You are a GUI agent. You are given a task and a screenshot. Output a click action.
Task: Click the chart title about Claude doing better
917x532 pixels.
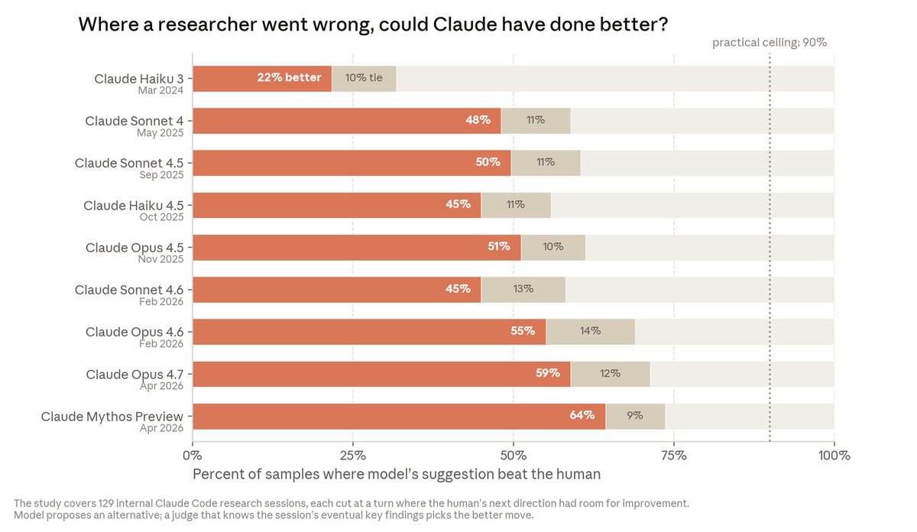tap(373, 24)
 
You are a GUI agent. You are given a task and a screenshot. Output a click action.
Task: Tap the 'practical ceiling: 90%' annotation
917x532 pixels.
tap(770, 43)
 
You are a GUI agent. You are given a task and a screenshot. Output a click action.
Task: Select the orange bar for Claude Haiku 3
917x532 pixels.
tap(262, 79)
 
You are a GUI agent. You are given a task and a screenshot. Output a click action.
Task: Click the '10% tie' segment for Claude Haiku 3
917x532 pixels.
tap(364, 79)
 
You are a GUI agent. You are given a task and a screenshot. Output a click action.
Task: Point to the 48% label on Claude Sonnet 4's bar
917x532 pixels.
tap(478, 120)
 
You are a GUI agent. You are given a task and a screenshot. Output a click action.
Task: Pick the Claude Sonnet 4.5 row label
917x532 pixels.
tap(129, 163)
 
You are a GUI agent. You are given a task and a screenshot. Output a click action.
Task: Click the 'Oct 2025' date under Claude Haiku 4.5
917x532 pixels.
tap(162, 217)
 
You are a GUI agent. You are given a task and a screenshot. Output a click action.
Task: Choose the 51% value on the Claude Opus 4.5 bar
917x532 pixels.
tap(498, 246)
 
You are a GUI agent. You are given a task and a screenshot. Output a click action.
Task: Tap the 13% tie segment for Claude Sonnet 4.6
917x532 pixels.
tap(523, 290)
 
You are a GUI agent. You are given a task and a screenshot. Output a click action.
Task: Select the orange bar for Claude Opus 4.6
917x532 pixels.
tap(369, 332)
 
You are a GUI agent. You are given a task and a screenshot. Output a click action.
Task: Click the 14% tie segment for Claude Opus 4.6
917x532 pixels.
tap(590, 332)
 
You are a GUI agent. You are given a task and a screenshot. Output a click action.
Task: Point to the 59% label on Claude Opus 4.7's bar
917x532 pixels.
tap(548, 373)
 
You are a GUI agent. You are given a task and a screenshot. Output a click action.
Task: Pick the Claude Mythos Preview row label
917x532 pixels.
tap(112, 417)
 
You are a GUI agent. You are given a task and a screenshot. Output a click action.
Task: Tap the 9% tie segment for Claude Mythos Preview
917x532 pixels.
tap(635, 417)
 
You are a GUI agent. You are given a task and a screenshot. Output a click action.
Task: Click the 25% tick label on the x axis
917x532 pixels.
tap(353, 456)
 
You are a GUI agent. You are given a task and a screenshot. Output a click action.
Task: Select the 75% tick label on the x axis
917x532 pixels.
tap(674, 456)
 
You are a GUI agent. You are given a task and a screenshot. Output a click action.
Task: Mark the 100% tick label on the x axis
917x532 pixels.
tap(834, 456)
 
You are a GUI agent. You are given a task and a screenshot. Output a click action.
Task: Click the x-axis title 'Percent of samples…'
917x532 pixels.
tap(397, 474)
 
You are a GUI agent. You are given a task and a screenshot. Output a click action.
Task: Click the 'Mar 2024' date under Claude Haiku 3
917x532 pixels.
tap(160, 90)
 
